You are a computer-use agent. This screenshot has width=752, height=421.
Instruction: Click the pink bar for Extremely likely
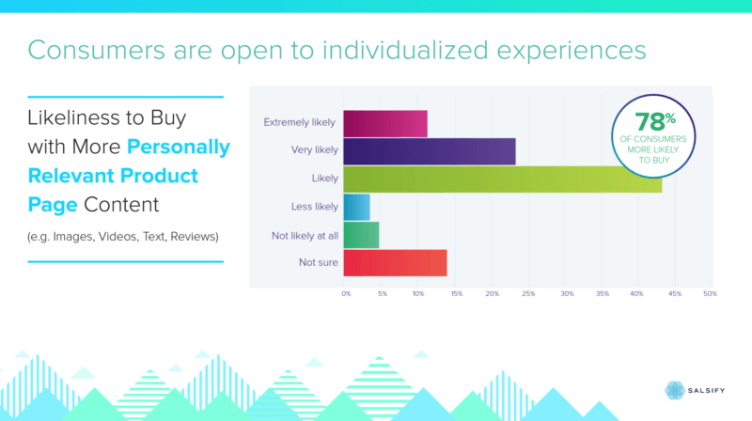click(385, 123)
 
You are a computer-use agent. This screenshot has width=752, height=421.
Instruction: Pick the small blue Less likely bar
click(356, 207)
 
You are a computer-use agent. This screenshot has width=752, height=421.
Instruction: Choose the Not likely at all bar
click(361, 235)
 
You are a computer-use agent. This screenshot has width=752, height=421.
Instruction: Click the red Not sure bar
click(395, 263)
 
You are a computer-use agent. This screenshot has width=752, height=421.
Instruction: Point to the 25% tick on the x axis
click(528, 294)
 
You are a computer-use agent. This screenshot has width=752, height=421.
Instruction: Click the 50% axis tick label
click(710, 294)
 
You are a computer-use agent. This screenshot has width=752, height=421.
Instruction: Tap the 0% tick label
click(346, 294)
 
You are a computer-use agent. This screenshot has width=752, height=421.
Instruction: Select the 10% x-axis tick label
click(418, 294)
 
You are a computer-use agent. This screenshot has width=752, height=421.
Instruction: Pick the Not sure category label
click(318, 262)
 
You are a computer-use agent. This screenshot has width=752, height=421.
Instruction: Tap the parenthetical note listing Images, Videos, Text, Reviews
click(122, 236)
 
